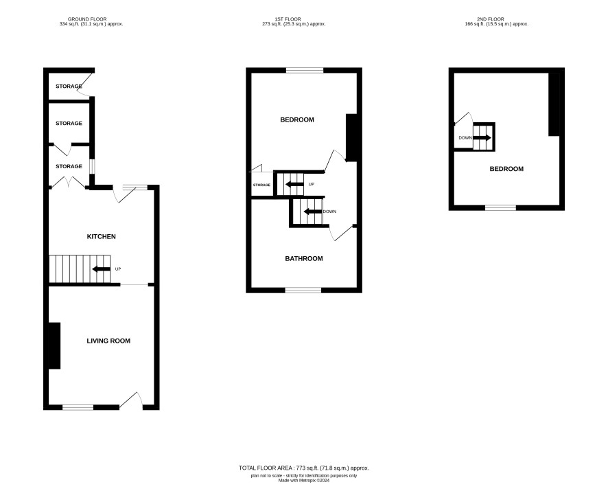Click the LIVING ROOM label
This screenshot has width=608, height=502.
(x=108, y=341)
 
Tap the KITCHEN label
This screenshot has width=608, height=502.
(x=101, y=237)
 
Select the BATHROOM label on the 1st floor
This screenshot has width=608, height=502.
(x=304, y=259)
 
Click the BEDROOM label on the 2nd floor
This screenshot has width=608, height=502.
(x=506, y=169)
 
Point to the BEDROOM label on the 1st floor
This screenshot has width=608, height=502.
(x=297, y=120)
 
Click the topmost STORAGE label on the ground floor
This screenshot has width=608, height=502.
(x=69, y=86)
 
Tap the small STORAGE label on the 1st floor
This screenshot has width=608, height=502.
(x=261, y=185)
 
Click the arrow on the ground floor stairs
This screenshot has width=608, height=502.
(x=101, y=269)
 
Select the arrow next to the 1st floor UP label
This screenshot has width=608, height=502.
(x=294, y=184)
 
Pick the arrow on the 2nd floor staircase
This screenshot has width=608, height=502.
(x=482, y=138)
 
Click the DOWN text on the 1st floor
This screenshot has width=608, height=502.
(x=329, y=212)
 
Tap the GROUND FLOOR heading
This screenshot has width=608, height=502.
(x=87, y=19)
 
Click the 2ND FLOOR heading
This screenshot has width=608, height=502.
(x=491, y=19)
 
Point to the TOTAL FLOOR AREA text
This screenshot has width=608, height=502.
(x=304, y=468)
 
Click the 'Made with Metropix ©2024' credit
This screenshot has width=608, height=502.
(x=304, y=480)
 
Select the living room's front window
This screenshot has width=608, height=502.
(x=78, y=407)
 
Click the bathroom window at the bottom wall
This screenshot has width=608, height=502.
(x=303, y=290)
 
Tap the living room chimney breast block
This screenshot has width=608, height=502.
(x=54, y=345)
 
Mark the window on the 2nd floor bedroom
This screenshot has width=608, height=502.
(x=500, y=208)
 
